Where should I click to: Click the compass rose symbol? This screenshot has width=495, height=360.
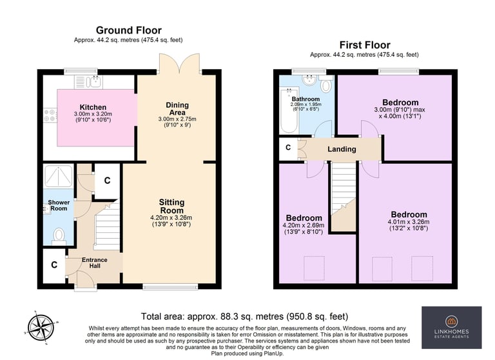click(40, 328)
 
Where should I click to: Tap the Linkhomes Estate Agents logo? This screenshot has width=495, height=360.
click(451, 328)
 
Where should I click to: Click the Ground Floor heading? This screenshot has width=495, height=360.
click(128, 30)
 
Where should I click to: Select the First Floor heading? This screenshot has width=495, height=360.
click(365, 45)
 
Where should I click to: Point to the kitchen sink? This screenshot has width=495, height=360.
click(94, 82)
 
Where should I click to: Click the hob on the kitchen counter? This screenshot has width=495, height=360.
click(50, 115)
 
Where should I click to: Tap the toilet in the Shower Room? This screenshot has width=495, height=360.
click(59, 236)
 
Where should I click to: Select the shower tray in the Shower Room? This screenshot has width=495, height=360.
click(59, 175)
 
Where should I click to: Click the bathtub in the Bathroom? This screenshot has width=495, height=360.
click(289, 110)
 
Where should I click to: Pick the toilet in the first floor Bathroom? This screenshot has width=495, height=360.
click(325, 83)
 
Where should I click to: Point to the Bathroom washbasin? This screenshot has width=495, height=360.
click(309, 79)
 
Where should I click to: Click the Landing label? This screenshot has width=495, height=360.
click(342, 149)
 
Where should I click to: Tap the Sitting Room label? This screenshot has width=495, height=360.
click(171, 206)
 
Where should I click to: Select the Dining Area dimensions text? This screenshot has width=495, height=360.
click(177, 122)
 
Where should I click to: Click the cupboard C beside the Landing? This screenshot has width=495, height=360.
click(288, 148)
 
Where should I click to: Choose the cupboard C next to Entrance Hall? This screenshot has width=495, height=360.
click(54, 265)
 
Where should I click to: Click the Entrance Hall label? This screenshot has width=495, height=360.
click(95, 263)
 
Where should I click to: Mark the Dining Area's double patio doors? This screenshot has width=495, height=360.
click(180, 63)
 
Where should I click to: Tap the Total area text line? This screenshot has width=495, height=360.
click(244, 316)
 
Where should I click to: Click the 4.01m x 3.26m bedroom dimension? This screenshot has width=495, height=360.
click(409, 225)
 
